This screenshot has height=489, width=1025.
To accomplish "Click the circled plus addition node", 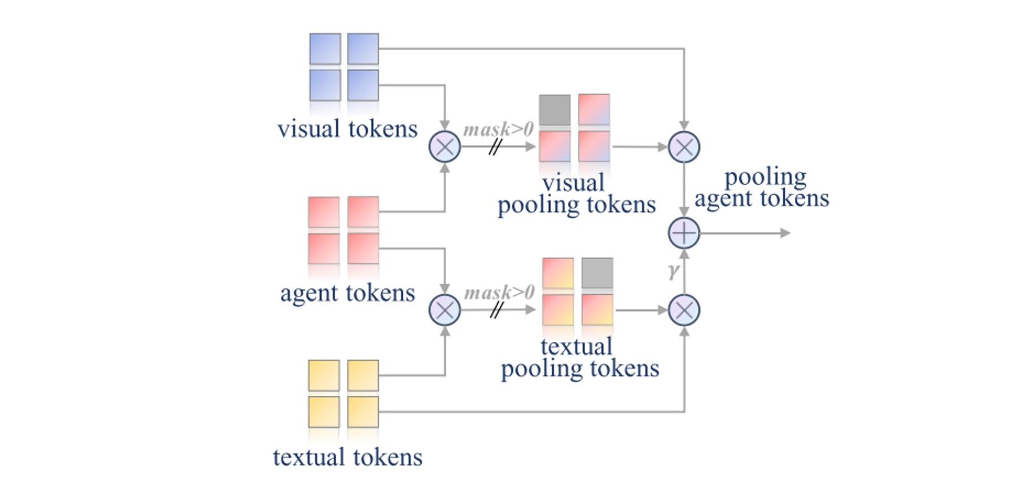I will [x=684, y=233].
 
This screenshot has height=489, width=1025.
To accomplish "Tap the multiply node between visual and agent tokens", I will [x=445, y=147].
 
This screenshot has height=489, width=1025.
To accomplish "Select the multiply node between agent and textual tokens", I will [x=445, y=310].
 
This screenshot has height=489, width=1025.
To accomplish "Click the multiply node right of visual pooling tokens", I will [x=684, y=147].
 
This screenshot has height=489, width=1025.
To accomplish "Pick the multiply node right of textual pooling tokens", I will [x=684, y=310].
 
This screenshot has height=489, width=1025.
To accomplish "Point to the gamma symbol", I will [x=674, y=271].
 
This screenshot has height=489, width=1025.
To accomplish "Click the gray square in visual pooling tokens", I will [x=555, y=110].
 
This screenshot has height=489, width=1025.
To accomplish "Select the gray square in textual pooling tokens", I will [x=597, y=273].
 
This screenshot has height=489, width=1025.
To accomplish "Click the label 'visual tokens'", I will [x=347, y=129].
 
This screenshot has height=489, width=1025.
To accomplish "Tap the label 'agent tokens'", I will [x=347, y=292].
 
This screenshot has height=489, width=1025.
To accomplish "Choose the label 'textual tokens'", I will [x=347, y=457].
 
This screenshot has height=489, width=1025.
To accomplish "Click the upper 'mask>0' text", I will [x=498, y=129].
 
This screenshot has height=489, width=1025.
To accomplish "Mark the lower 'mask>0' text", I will [x=499, y=292].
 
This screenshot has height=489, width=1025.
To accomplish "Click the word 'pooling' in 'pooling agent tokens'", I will [x=765, y=177].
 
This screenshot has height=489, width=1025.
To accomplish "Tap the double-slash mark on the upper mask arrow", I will [x=495, y=147].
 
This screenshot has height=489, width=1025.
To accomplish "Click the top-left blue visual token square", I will [x=325, y=49].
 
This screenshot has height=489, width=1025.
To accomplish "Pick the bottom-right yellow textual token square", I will [x=363, y=412].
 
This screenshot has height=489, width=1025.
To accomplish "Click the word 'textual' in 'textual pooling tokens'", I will [x=576, y=346].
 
